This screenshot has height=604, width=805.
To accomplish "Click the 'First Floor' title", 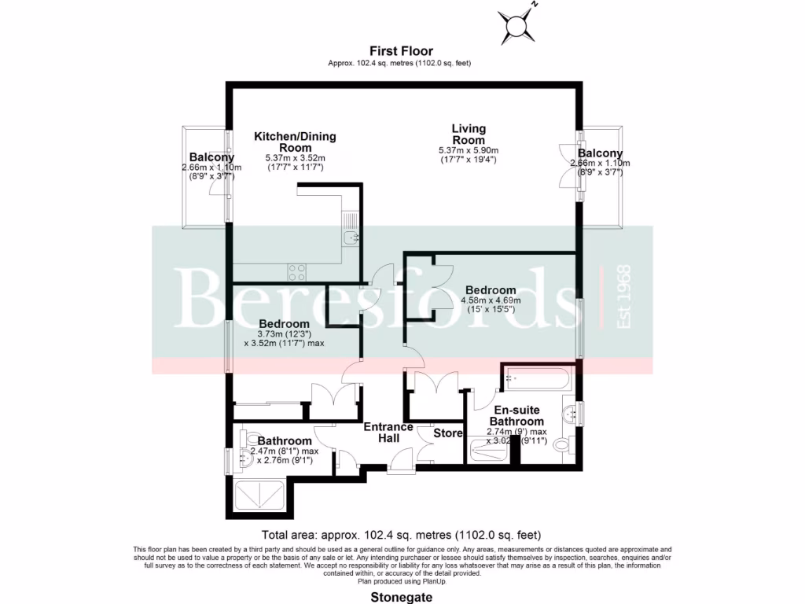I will coord(402,51).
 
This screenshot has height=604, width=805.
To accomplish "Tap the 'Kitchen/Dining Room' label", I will coord(294,142).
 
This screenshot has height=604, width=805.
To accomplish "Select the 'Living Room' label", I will coord(469,134).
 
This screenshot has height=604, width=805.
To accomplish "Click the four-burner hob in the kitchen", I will coord(297,272).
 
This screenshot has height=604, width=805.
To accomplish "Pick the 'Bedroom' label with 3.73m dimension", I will coord(284,324).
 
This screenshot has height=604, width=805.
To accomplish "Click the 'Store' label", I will coord(448,433).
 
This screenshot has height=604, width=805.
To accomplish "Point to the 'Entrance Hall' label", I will coord(388,433).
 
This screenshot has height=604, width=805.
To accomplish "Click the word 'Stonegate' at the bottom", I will coord(402,595).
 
